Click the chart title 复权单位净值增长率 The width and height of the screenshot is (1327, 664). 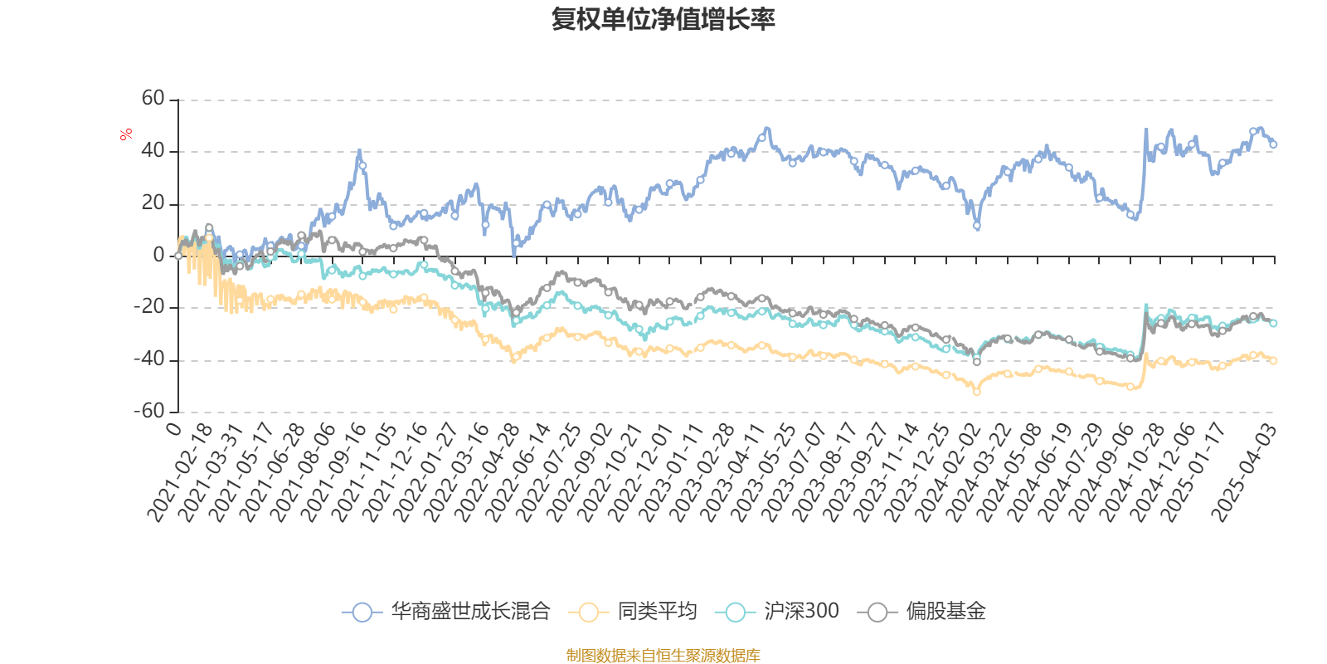click(663, 19)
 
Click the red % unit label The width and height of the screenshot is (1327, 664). click(126, 134)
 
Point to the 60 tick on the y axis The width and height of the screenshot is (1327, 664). click(153, 99)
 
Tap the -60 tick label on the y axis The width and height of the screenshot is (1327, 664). click(149, 411)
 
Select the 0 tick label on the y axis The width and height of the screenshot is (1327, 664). click(159, 256)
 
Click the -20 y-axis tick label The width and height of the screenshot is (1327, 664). click(149, 307)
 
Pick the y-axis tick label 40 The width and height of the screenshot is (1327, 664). click(153, 151)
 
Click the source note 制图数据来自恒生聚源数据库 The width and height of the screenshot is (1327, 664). click(663, 656)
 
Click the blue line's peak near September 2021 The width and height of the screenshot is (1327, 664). click(359, 151)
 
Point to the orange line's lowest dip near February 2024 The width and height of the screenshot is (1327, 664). click(977, 393)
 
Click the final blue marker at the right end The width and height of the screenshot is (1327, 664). click(1273, 144)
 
